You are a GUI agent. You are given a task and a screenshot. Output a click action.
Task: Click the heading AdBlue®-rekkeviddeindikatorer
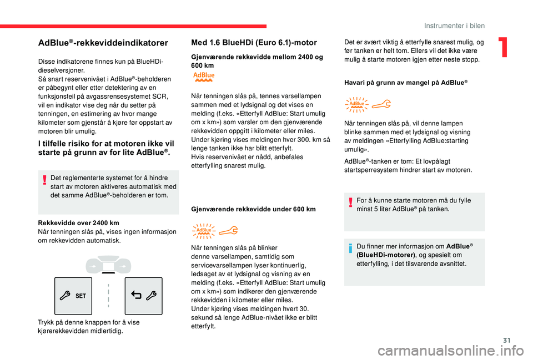pyautogui.click(x=103, y=43)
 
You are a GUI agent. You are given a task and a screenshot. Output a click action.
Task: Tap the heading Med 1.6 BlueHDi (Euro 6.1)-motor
pyautogui.click(x=254, y=43)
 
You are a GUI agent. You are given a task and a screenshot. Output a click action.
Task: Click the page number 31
pyautogui.click(x=507, y=340)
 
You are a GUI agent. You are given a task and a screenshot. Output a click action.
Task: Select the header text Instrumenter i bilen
pyautogui.click(x=454, y=26)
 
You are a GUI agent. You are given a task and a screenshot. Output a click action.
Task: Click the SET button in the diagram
pyautogui.click(x=73, y=296)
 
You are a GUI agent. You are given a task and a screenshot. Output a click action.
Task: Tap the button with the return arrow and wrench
pyautogui.click(x=143, y=296)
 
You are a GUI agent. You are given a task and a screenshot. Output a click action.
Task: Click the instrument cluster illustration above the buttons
pyautogui.click(x=108, y=265)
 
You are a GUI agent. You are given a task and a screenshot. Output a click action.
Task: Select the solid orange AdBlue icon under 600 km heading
pyautogui.click(x=204, y=77)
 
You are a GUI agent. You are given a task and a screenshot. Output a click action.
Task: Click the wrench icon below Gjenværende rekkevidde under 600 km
pyautogui.click(x=228, y=231)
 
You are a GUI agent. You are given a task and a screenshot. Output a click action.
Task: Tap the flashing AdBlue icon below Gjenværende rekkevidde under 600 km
pyautogui.click(x=204, y=231)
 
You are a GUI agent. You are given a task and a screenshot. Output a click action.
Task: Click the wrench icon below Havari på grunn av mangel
pyautogui.click(x=381, y=104)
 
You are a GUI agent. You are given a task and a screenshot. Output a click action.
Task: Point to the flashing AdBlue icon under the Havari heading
pyautogui.click(x=356, y=105)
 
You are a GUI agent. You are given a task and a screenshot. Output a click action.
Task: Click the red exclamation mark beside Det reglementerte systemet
pyautogui.click(x=44, y=180)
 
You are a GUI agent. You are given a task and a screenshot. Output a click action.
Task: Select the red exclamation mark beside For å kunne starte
pyautogui.click(x=350, y=202)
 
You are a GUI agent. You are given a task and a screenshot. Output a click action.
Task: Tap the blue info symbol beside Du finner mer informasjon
pyautogui.click(x=350, y=249)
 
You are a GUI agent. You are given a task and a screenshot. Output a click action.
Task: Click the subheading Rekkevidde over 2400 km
pyautogui.click(x=78, y=223)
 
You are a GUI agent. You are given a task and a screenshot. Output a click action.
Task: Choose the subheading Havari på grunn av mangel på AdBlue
pyautogui.click(x=406, y=83)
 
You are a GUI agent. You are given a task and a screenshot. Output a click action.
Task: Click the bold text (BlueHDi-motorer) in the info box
pyautogui.click(x=386, y=255)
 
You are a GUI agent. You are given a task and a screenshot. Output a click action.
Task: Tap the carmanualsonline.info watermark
pyautogui.click(x=455, y=351)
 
